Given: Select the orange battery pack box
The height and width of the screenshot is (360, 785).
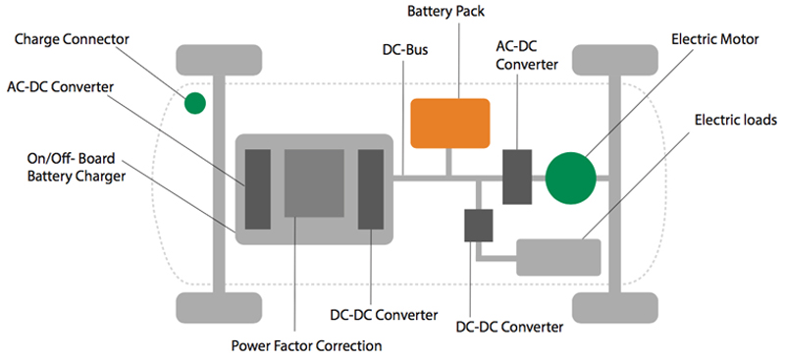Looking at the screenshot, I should pyautogui.click(x=449, y=124).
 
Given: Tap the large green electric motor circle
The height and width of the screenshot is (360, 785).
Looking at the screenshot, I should pyautogui.click(x=570, y=177).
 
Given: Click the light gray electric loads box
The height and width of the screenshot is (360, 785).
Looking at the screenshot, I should pyautogui.click(x=558, y=256).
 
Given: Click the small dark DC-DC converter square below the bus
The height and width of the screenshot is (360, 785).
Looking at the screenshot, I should pyautogui.click(x=478, y=225).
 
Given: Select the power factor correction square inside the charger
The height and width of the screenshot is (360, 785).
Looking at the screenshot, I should pyautogui.click(x=314, y=182).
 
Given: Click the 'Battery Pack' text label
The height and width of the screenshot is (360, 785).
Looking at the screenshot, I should pyautogui.click(x=448, y=12).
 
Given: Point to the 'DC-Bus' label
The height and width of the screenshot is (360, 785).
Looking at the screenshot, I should pyautogui.click(x=403, y=48).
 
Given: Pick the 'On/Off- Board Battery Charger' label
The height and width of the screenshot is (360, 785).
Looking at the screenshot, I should pyautogui.click(x=68, y=169).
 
